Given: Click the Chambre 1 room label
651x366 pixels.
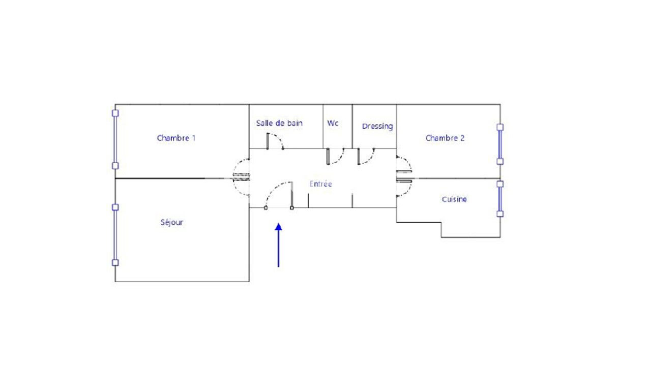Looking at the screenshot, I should [x=176, y=138].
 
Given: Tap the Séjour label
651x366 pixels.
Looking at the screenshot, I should [x=172, y=222].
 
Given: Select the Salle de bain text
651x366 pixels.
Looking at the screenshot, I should [x=279, y=123].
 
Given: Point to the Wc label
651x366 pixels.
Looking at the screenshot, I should [x=333, y=123].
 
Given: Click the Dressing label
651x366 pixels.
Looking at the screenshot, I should [x=377, y=126].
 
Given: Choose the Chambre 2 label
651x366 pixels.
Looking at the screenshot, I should [x=445, y=138].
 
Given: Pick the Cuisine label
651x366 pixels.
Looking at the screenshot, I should [x=454, y=199].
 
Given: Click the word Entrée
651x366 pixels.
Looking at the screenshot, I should [x=320, y=184].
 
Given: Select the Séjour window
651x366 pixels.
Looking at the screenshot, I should [x=115, y=235].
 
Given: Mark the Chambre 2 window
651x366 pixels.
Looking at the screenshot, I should [x=500, y=144].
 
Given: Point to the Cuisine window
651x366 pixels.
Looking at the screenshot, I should [x=500, y=199].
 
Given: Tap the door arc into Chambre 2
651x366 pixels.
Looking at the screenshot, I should [x=405, y=164].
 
